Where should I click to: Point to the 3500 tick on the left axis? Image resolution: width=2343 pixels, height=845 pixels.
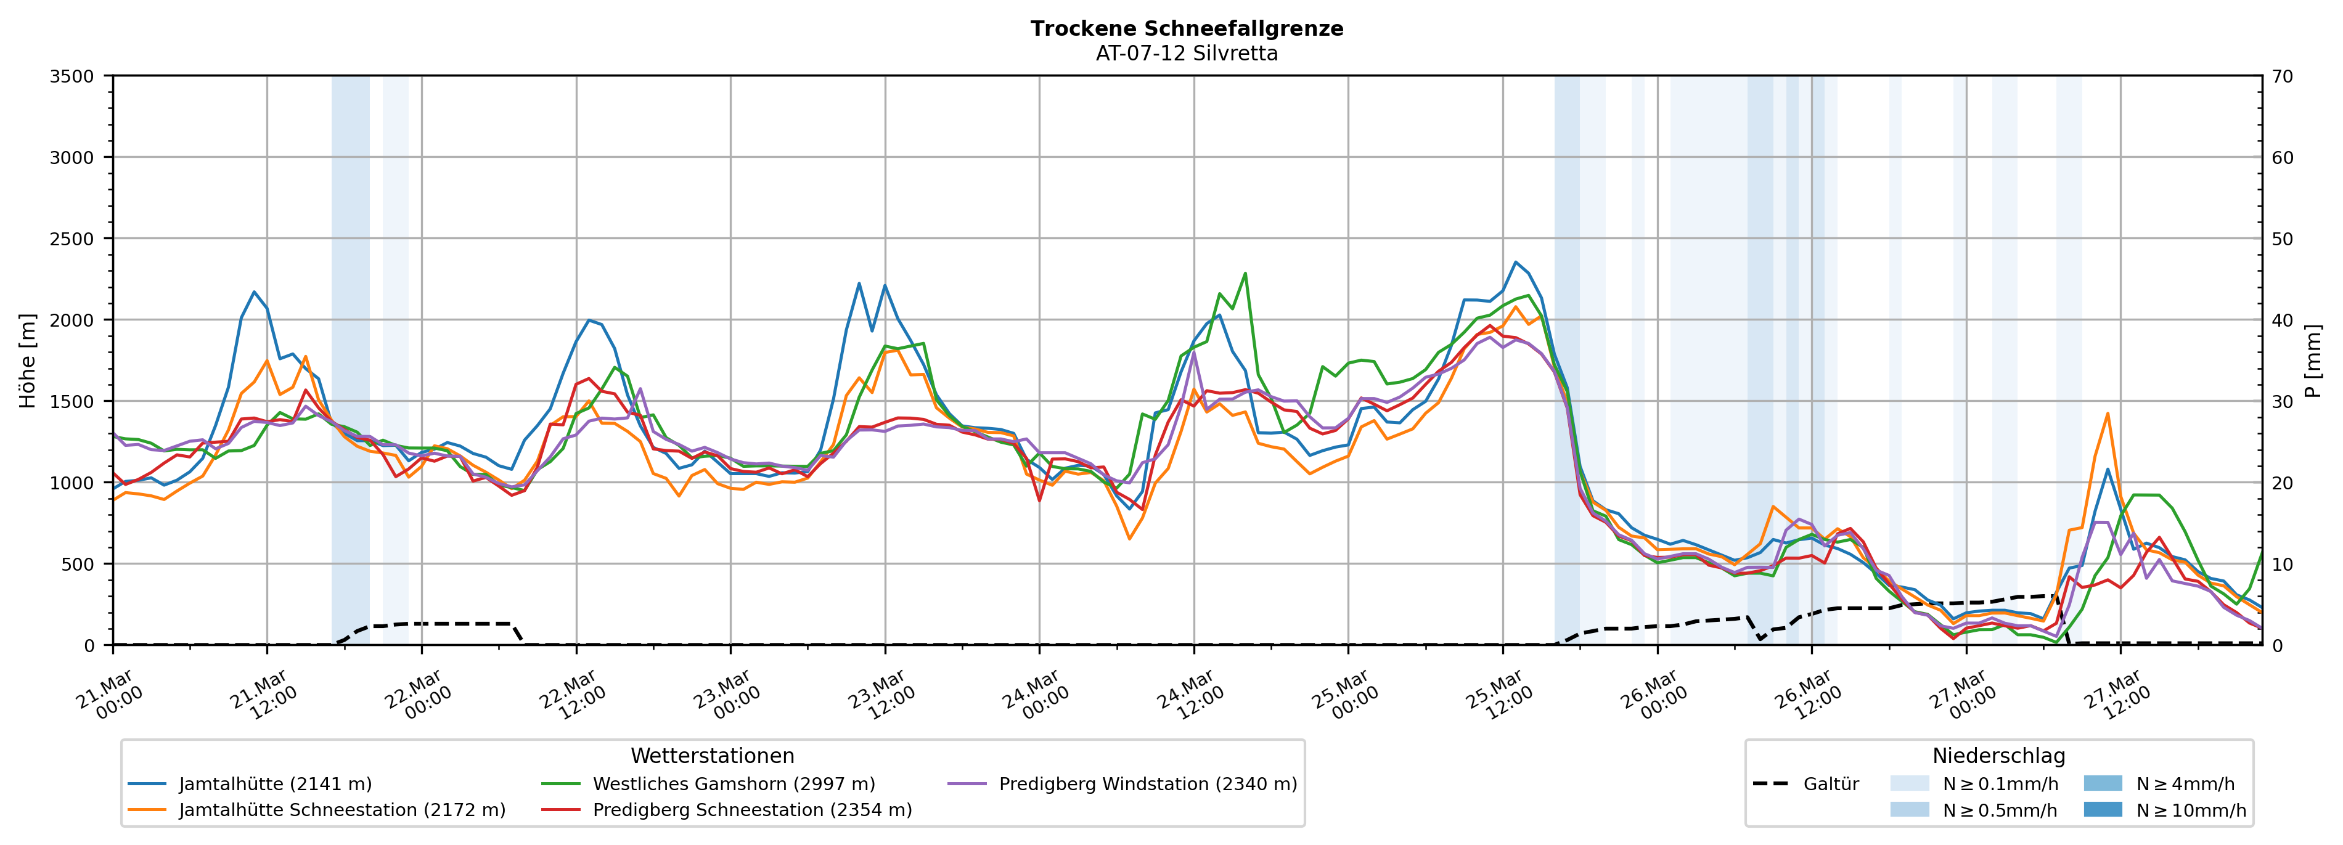click(x=72, y=76)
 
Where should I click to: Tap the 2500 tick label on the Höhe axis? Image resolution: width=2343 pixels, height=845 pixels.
click(x=72, y=239)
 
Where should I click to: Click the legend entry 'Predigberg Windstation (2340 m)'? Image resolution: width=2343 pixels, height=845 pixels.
click(x=1147, y=784)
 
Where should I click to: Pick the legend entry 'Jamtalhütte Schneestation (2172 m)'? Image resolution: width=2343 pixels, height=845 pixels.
click(x=341, y=809)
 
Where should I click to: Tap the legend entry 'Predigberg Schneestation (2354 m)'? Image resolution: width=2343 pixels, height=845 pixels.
click(x=751, y=809)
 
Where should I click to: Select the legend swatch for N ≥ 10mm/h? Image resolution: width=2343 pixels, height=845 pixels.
click(x=2102, y=809)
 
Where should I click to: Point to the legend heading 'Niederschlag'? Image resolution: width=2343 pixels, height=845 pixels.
click(x=1998, y=756)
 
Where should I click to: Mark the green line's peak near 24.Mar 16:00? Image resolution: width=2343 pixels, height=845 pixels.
click(x=1245, y=273)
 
